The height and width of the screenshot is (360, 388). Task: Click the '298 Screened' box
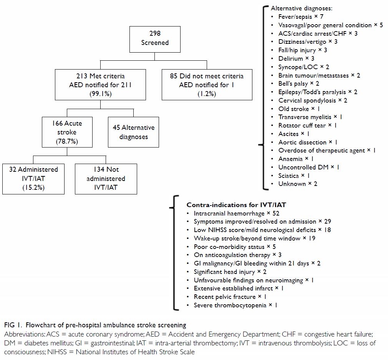[x=155, y=39]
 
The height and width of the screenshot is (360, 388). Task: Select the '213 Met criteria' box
[x=101, y=85]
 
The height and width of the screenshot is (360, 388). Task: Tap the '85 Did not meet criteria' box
[x=207, y=85]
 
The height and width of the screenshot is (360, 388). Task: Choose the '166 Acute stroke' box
[x=67, y=132]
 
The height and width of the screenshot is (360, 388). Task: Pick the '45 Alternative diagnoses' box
[x=133, y=132]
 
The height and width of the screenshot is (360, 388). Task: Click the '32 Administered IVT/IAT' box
[x=33, y=179]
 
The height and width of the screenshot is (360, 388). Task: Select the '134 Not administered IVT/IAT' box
[x=106, y=179]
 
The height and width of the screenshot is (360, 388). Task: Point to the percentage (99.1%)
[x=101, y=94]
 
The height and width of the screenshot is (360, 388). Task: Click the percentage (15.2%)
[x=33, y=188]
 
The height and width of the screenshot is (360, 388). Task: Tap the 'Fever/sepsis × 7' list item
[x=301, y=17]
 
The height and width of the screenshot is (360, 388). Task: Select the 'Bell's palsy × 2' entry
[x=298, y=84]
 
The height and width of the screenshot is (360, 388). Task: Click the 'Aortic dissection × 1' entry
[x=308, y=143]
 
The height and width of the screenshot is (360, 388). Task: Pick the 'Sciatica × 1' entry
[x=294, y=176]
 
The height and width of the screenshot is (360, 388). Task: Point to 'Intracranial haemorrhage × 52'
[x=237, y=214]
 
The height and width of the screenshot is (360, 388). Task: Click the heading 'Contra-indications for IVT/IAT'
[x=236, y=205]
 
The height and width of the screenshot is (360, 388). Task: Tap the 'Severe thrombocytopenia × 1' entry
[x=235, y=305]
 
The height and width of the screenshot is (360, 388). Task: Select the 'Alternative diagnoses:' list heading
[x=302, y=8]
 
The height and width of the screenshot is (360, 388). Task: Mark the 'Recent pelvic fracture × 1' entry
[x=230, y=297]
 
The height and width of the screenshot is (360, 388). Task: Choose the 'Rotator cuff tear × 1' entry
[x=307, y=126]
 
